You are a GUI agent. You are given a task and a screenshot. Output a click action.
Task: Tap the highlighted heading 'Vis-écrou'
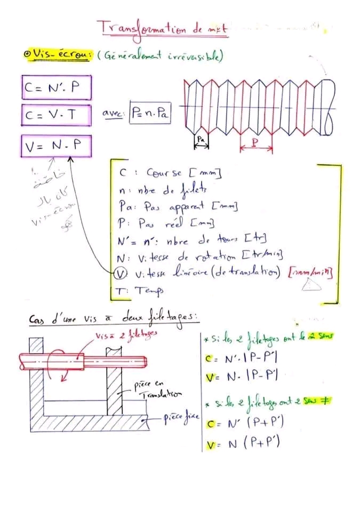tap(61, 54)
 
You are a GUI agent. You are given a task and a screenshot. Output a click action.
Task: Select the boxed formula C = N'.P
tap(57, 88)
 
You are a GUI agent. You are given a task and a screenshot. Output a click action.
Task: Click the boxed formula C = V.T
tap(57, 114)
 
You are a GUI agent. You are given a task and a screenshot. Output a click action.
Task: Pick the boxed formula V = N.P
tap(57, 146)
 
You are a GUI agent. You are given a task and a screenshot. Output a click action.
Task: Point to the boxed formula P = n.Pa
tap(150, 114)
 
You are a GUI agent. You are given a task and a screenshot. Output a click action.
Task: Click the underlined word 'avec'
tap(114, 114)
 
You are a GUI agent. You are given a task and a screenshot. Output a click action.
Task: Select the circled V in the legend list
tap(121, 274)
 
